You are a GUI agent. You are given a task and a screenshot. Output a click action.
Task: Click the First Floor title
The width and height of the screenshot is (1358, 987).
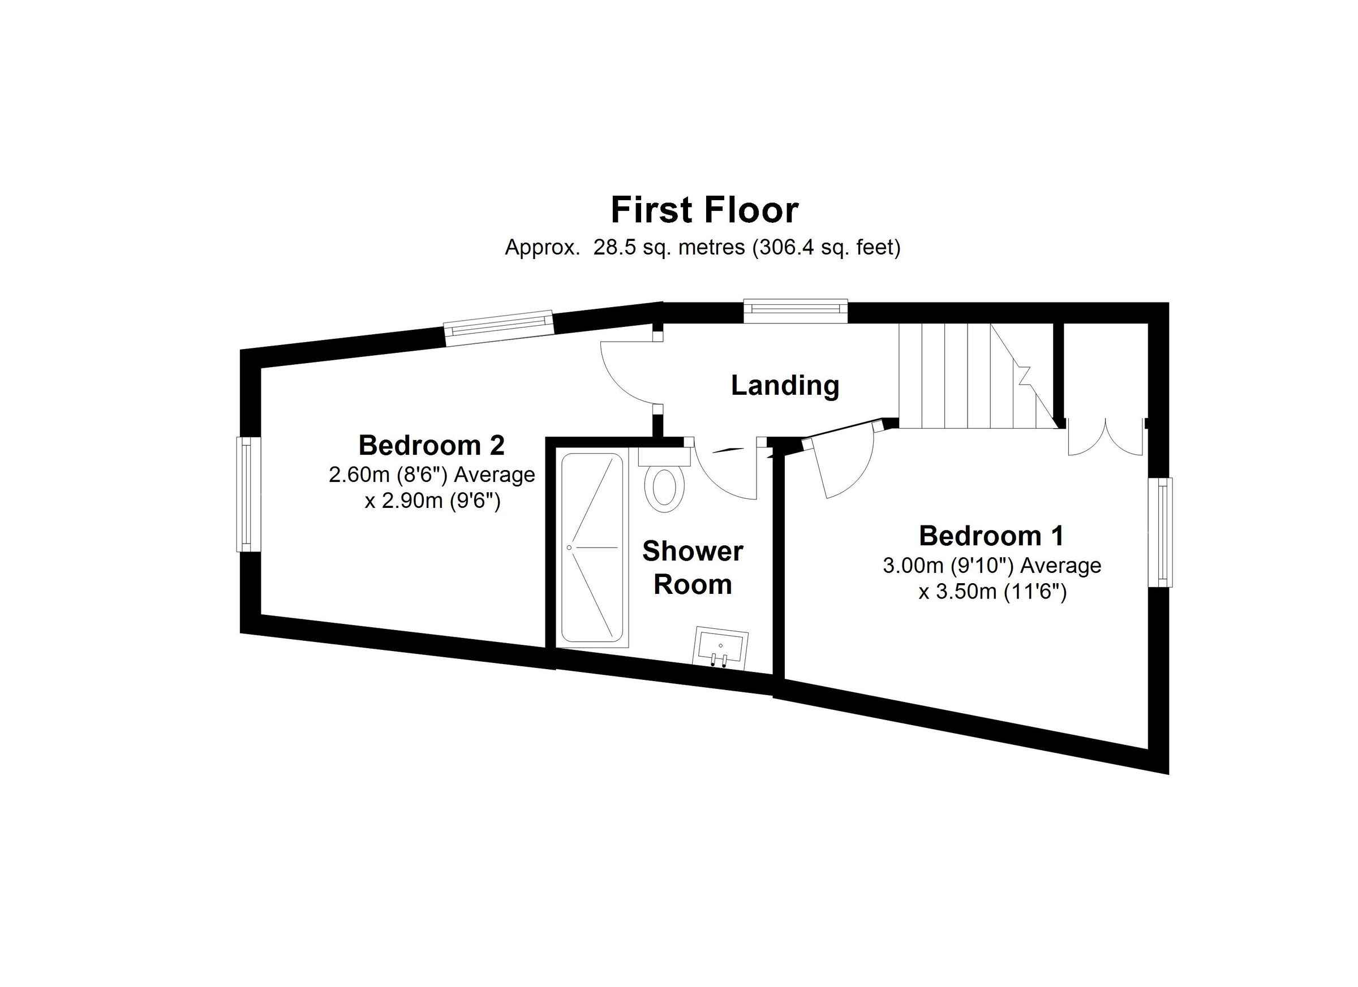(x=704, y=210)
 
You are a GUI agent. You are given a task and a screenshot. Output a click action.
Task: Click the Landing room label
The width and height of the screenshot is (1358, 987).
(x=785, y=385)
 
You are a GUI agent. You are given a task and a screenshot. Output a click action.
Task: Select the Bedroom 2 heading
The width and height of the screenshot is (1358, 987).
(x=431, y=445)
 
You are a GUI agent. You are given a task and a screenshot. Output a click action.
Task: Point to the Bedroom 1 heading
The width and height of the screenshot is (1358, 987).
(x=991, y=536)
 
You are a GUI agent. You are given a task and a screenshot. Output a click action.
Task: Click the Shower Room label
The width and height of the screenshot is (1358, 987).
(x=693, y=567)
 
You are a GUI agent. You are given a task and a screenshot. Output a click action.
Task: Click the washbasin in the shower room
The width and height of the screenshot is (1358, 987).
(x=720, y=647)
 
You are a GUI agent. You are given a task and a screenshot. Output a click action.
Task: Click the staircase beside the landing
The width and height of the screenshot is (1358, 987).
(x=970, y=376)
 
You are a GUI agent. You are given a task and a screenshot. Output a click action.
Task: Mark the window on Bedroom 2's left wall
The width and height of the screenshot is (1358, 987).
(x=246, y=494)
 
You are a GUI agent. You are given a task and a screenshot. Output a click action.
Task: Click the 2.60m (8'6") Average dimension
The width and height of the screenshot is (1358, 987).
(x=431, y=475)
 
